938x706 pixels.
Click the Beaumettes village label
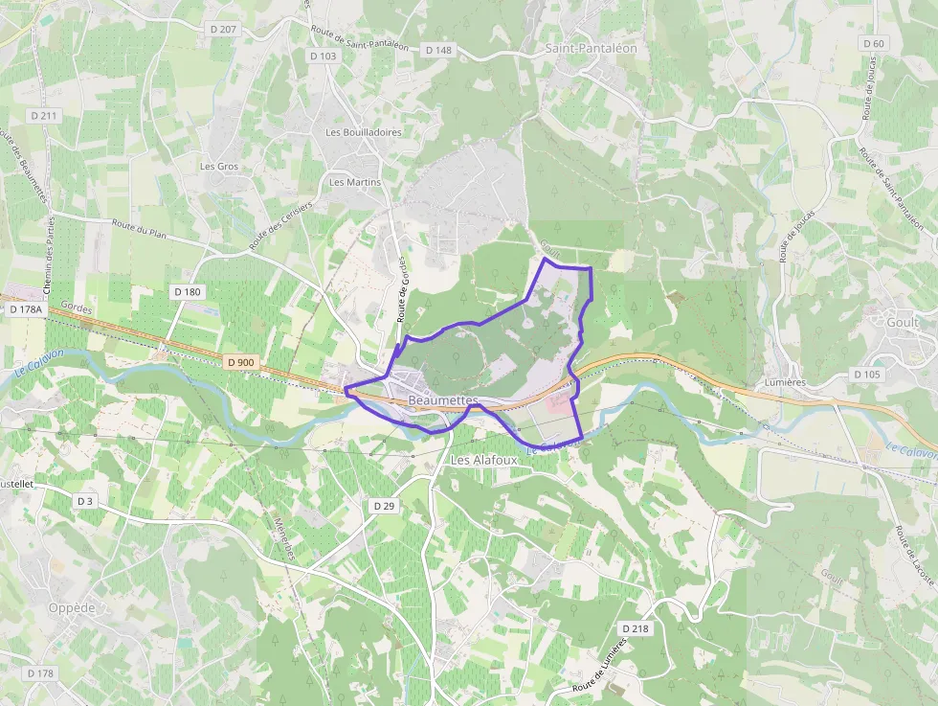click(442, 399)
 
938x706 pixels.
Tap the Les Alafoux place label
click(483, 460)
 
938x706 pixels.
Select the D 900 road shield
click(242, 362)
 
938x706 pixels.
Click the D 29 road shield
click(384, 505)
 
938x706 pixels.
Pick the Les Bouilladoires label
click(364, 132)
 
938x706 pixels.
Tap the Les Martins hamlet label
click(355, 182)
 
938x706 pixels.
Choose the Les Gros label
click(219, 167)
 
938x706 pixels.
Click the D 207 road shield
click(222, 30)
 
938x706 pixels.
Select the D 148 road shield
click(438, 50)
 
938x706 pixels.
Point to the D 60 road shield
click(873, 43)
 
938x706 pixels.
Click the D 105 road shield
click(865, 374)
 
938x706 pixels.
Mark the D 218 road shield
click(635, 628)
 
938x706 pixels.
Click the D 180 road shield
click(188, 290)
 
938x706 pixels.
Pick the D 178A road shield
click(27, 309)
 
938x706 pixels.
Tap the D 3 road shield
click(86, 501)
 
